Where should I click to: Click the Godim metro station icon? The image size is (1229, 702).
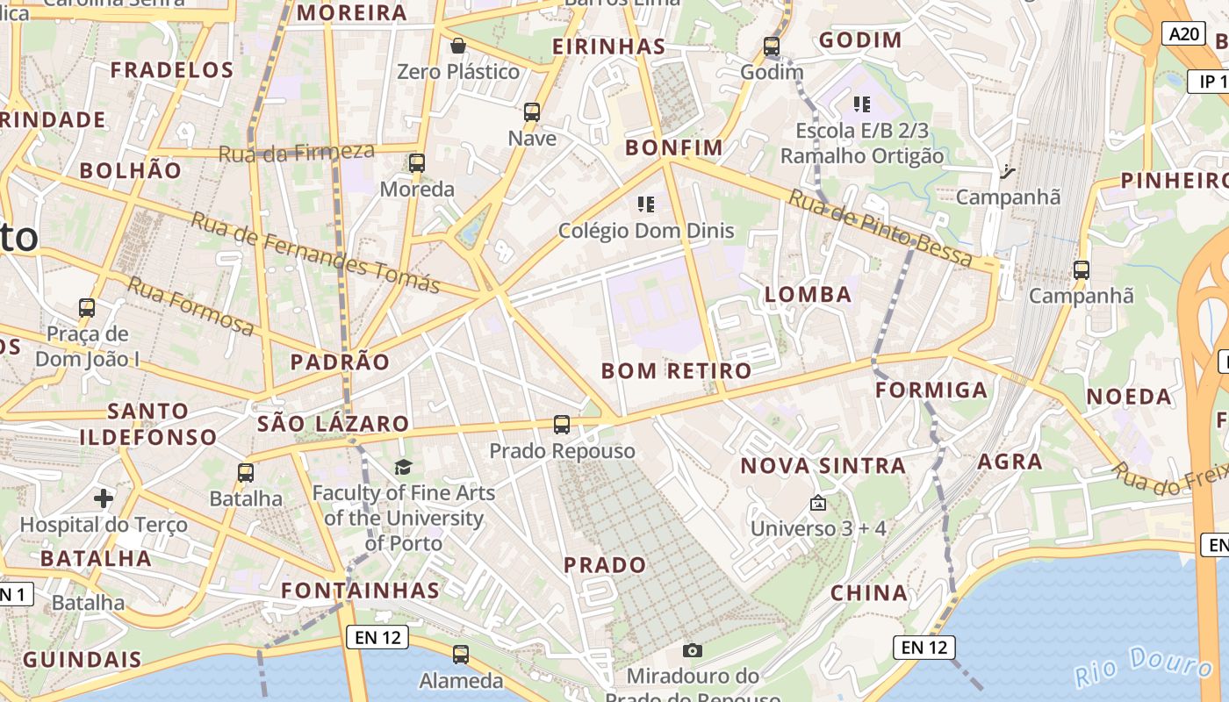(x=772, y=47)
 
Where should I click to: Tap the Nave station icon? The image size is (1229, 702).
(x=532, y=112)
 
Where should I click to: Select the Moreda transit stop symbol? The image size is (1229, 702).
(x=417, y=163)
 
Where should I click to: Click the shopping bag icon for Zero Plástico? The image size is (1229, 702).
(x=457, y=46)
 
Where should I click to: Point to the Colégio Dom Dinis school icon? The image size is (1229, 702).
(x=646, y=205)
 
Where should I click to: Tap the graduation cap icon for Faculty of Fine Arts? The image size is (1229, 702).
(x=403, y=467)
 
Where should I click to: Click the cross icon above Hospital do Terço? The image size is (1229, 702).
(x=104, y=498)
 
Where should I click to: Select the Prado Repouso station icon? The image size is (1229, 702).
(x=562, y=425)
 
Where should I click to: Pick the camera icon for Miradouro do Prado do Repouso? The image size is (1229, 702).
(x=693, y=650)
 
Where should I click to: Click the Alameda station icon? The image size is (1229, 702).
(x=461, y=654)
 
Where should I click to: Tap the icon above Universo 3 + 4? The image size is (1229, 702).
(x=818, y=503)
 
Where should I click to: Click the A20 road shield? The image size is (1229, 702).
(x=1182, y=34)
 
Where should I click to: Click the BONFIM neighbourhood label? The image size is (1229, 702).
(x=674, y=147)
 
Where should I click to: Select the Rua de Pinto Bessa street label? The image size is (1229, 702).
(x=880, y=227)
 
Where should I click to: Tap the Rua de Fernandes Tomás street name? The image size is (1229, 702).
(x=315, y=252)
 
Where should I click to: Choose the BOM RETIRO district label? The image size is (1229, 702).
(x=676, y=370)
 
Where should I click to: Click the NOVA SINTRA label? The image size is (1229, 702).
(x=823, y=465)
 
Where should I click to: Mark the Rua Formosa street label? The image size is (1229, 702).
(x=190, y=305)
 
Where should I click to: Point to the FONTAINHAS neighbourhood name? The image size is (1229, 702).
(x=360, y=590)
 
